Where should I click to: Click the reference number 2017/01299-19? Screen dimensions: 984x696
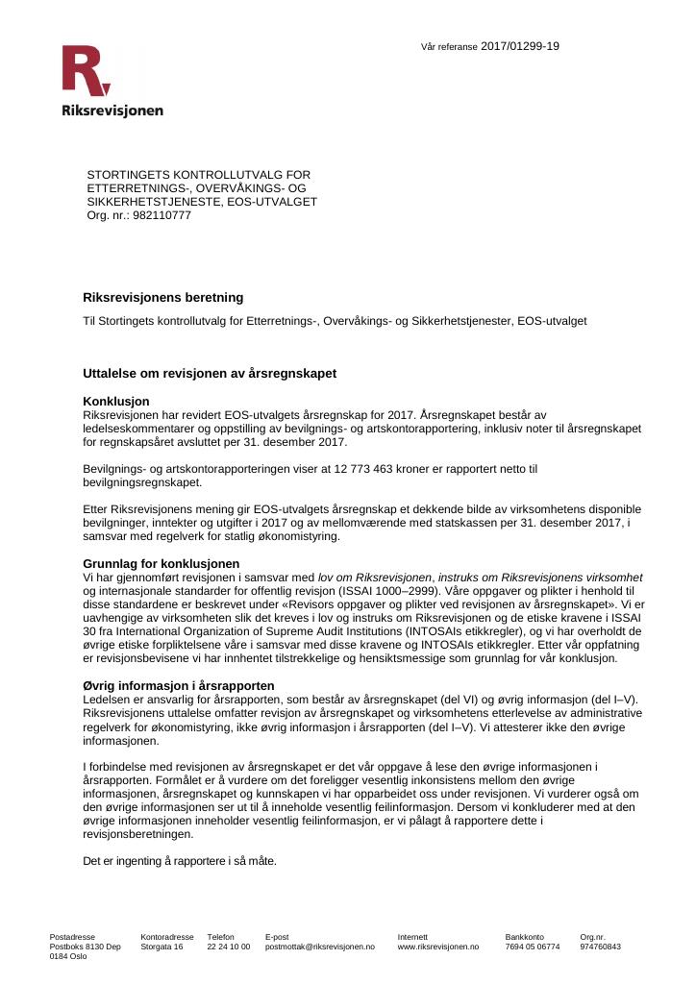[519, 46]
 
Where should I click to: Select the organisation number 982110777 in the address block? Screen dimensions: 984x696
[162, 215]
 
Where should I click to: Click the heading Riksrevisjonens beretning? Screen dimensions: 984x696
[163, 298]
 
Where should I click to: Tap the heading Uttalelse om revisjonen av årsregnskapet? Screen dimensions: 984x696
[210, 372]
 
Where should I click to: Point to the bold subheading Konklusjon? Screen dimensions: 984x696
[116, 401]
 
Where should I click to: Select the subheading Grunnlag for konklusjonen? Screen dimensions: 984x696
[162, 563]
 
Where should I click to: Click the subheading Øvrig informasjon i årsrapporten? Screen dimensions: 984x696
[179, 685]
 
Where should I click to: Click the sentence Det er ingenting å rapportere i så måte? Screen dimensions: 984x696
[180, 861]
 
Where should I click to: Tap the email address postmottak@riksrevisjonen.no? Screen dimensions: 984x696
[320, 947]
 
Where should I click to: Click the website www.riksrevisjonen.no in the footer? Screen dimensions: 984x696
[438, 947]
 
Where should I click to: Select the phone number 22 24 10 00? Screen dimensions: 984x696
[229, 947]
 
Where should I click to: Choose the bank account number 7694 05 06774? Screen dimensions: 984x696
[533, 947]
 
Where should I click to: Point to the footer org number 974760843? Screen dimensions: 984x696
[600, 947]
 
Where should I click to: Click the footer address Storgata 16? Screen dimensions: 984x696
[162, 947]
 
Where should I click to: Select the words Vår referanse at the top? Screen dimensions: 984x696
[449, 47]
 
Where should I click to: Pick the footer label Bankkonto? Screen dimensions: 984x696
[525, 936]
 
